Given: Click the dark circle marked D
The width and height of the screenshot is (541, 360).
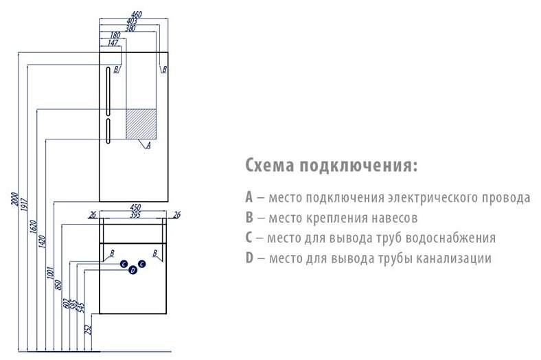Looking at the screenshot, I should (x=133, y=270).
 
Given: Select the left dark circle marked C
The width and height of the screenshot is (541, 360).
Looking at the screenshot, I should (x=124, y=263).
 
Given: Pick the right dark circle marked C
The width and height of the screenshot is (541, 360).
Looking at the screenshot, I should (x=142, y=263).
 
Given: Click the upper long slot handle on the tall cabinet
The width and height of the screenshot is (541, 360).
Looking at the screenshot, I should (x=107, y=91).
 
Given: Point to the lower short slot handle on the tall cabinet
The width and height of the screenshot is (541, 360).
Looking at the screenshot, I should (x=107, y=129).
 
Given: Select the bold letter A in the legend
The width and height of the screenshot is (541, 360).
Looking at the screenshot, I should (x=249, y=198).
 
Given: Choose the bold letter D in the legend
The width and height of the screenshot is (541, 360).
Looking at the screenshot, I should (x=250, y=258).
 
